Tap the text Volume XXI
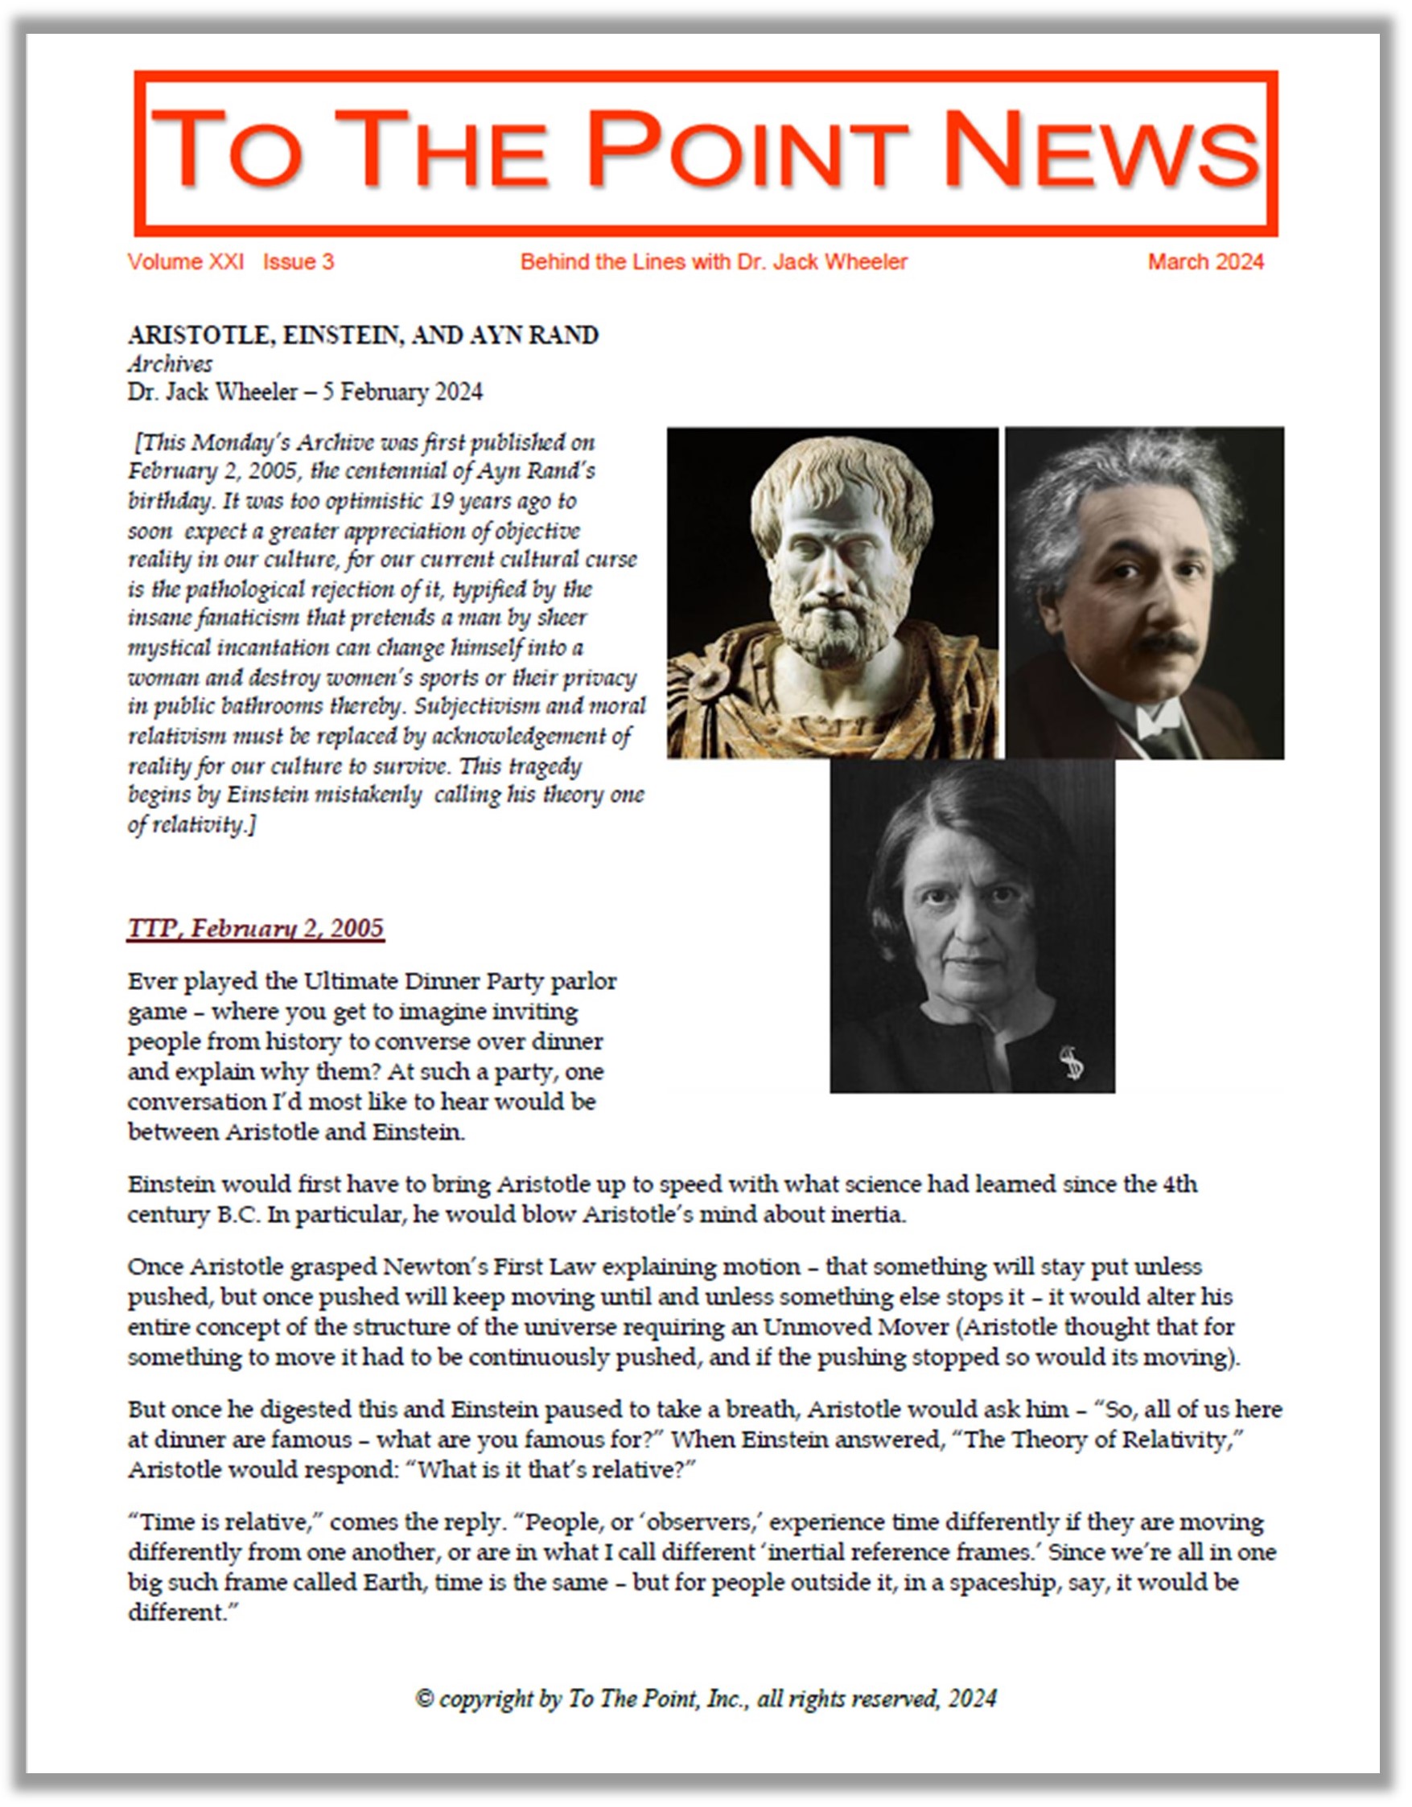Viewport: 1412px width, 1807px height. pos(185,262)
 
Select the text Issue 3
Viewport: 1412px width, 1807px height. pos(298,262)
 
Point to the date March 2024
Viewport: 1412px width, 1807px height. pos(1205,262)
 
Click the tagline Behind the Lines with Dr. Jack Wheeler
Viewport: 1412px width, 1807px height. pos(714,262)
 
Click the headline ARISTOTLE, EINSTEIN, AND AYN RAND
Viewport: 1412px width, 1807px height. pos(363,335)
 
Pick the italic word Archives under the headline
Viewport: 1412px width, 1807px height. pos(170,364)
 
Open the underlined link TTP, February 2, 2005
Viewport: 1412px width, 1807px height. pos(256,928)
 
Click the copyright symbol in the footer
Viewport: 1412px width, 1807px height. pos(425,1698)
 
